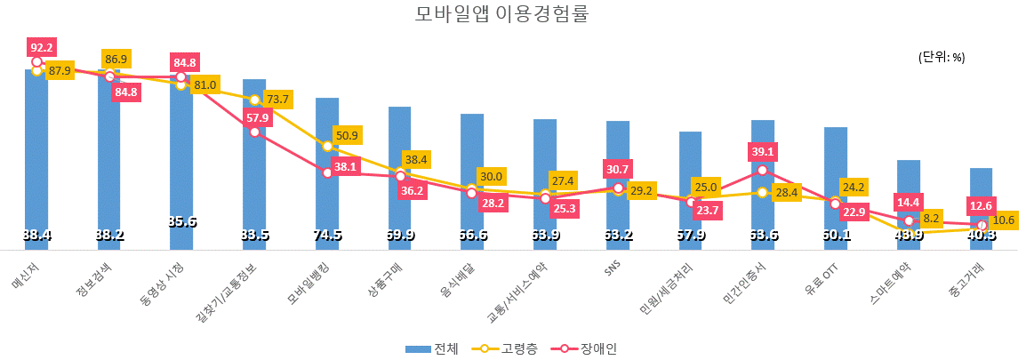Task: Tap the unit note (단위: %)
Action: click(x=942, y=57)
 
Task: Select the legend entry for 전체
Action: click(x=432, y=348)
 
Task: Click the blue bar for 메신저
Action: click(x=36, y=160)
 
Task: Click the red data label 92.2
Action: click(x=42, y=48)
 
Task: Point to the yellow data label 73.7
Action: click(x=278, y=99)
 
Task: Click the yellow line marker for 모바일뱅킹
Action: click(x=327, y=146)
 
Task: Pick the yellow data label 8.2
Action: click(x=931, y=218)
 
